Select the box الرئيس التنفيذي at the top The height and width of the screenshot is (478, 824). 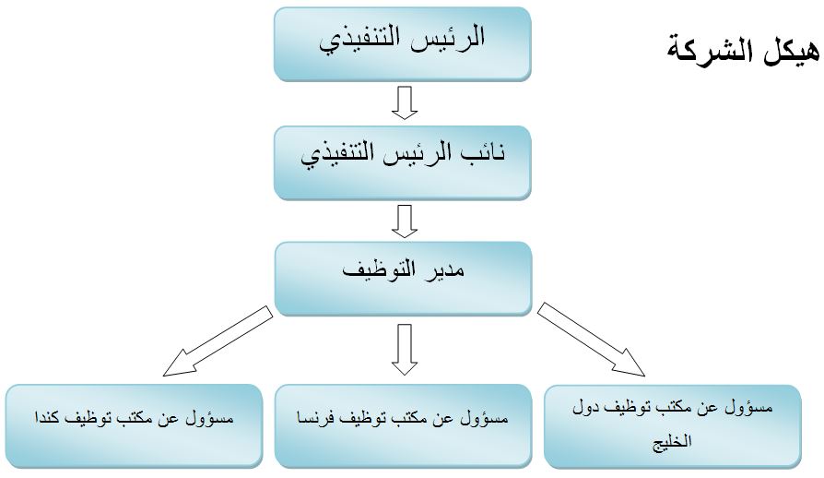(x=403, y=44)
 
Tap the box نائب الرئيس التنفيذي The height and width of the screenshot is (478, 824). (x=403, y=163)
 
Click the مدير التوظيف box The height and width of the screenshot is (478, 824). (x=403, y=279)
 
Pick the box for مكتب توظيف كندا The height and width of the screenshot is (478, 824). (x=134, y=426)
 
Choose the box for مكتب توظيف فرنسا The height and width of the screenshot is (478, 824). (x=403, y=426)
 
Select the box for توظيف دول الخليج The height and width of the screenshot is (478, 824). (x=673, y=426)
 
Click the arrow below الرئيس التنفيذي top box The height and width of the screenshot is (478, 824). (x=405, y=102)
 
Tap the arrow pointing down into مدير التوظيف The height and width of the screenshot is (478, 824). (x=405, y=221)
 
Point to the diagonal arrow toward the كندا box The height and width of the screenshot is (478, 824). (x=218, y=341)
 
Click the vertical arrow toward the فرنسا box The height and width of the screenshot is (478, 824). (x=405, y=350)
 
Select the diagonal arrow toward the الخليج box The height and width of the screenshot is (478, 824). (x=591, y=340)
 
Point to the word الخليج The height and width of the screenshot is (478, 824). (x=672, y=441)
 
